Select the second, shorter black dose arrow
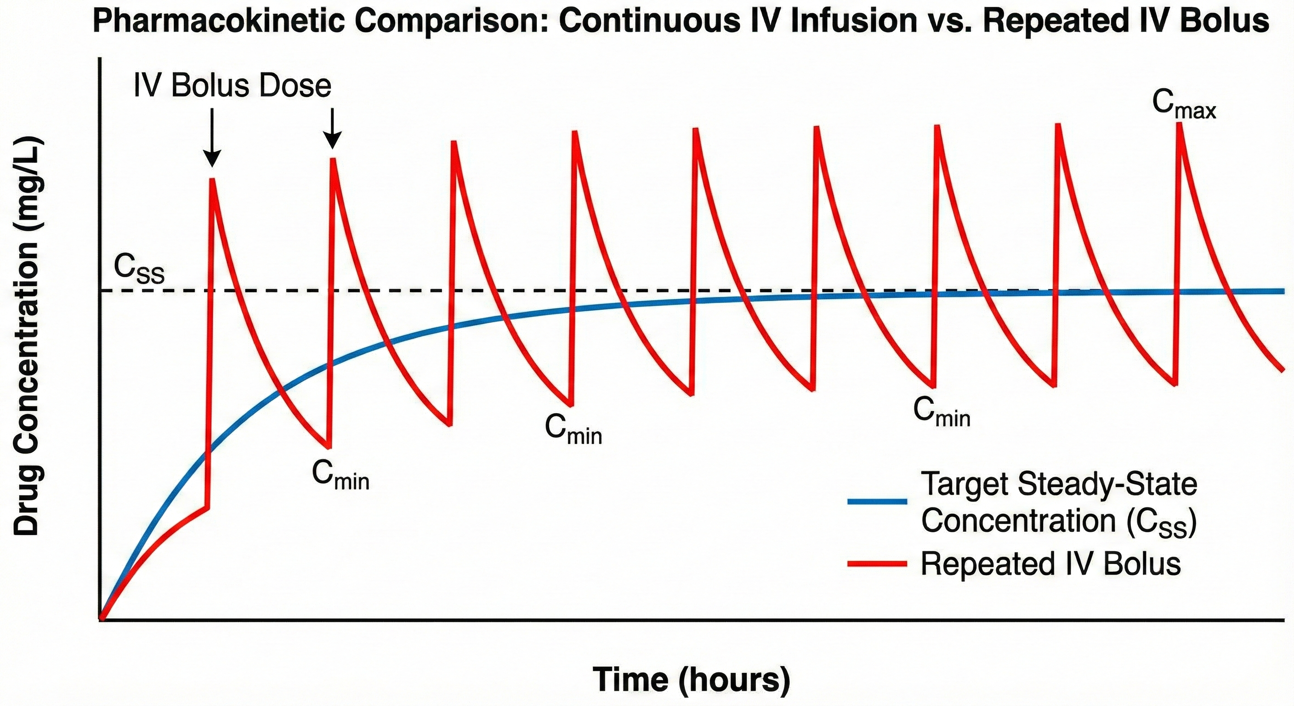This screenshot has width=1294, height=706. click(332, 129)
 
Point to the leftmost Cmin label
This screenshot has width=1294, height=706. click(340, 474)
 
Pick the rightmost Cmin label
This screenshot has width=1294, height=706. click(942, 411)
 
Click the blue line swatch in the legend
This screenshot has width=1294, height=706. click(877, 501)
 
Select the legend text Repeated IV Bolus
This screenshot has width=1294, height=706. click(1050, 564)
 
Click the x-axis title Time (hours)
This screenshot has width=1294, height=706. click(691, 679)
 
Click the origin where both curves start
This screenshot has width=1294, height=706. click(102, 618)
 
